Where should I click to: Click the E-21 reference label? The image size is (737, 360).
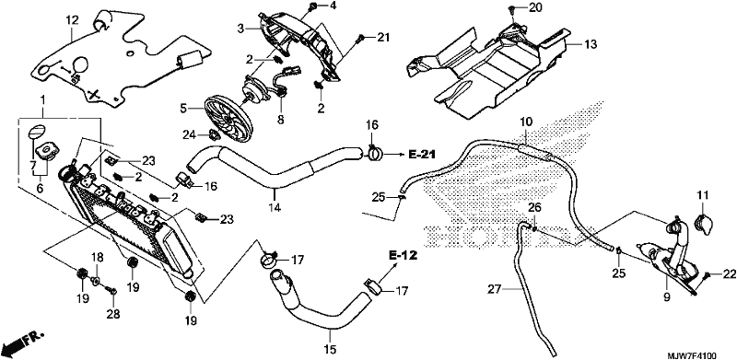[422, 154]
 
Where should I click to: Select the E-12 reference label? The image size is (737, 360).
[403, 256]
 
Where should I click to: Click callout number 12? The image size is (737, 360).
[71, 20]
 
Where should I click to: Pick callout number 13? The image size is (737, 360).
[590, 44]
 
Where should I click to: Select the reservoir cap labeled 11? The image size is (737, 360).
[704, 224]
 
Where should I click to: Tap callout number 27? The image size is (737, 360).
[493, 291]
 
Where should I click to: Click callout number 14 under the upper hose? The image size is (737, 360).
[275, 207]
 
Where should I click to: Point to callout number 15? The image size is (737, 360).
[330, 350]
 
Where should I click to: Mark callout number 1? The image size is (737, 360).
[43, 100]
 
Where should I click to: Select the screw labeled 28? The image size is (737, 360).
[112, 291]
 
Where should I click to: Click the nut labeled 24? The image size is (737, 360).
[213, 135]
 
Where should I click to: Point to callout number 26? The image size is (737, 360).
[535, 207]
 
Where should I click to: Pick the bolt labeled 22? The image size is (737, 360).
[707, 276]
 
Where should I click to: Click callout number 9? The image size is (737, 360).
[667, 297]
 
